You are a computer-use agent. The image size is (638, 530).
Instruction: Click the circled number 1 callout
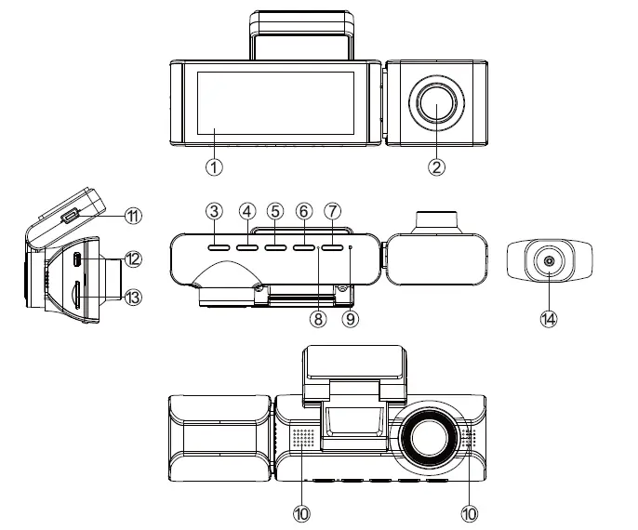click(x=215, y=167)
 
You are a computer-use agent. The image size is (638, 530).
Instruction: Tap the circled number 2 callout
click(x=437, y=167)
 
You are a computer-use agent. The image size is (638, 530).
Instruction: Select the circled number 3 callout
click(x=215, y=211)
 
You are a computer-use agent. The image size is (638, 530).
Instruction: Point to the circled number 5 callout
click(x=274, y=211)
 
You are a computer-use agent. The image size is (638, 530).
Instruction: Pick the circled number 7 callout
click(x=334, y=211)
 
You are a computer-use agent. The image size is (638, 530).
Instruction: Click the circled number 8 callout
click(x=318, y=318)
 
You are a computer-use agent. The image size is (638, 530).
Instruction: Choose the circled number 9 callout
click(x=351, y=318)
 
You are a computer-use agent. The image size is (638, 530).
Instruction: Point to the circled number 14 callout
click(x=549, y=318)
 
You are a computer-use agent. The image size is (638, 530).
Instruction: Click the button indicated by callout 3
click(x=218, y=249)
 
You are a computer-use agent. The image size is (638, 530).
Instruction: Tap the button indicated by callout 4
click(x=246, y=249)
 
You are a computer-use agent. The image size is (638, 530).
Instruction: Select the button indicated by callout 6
click(x=304, y=249)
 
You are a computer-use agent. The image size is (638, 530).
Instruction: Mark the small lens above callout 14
click(x=549, y=262)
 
